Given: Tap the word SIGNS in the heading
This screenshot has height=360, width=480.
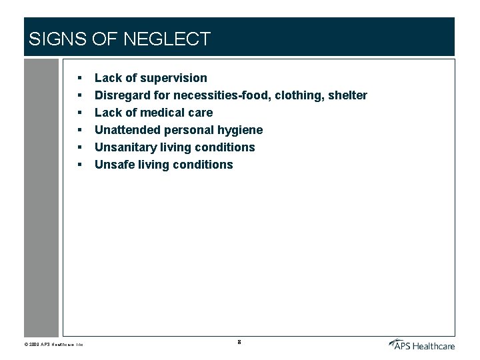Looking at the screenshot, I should coord(57,39).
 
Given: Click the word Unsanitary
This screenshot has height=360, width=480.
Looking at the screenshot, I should coord(126,147).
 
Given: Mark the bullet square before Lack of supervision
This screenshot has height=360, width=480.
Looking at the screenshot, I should coord(79,79).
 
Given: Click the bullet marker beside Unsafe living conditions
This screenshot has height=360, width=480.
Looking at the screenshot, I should coord(79,165).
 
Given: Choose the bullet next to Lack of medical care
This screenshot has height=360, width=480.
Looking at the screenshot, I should coord(79,113).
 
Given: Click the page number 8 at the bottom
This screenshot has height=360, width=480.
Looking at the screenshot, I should coord(239,343).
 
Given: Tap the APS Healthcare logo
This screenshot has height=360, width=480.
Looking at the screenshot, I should coord(421,343).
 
